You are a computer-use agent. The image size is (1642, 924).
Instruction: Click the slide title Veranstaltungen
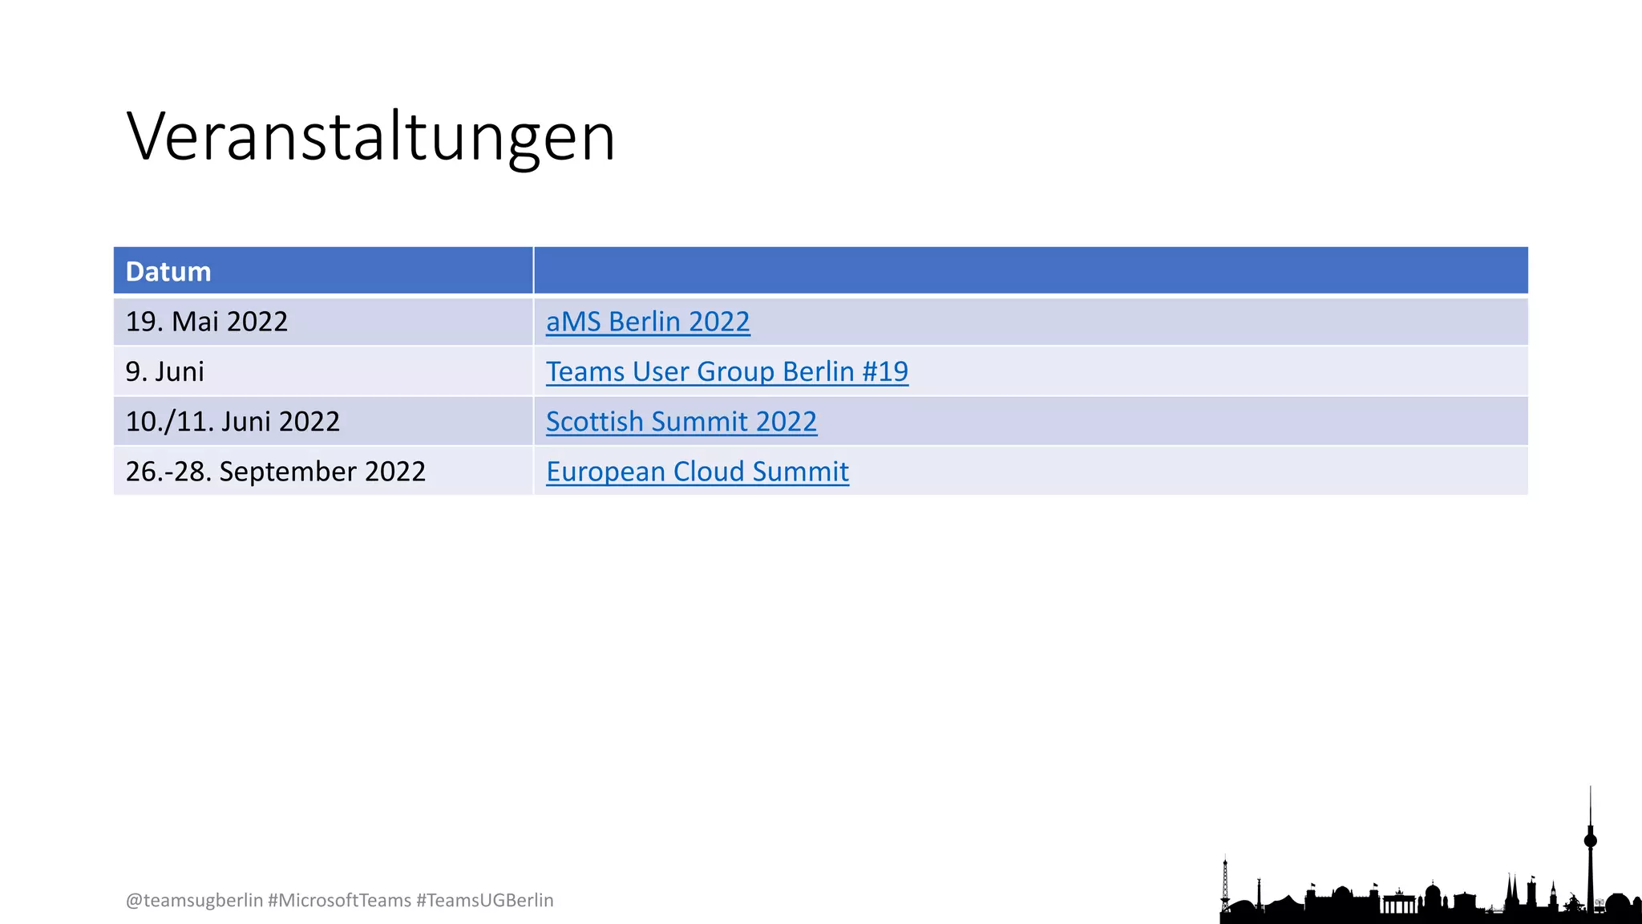point(370,137)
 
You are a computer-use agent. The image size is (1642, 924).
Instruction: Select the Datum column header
point(168,272)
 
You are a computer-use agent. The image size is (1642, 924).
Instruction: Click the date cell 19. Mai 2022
point(207,322)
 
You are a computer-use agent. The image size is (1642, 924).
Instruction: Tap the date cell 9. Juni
point(165,371)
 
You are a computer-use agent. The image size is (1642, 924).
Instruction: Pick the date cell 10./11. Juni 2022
point(233,421)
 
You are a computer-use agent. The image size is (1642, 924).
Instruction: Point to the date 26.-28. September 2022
point(275,472)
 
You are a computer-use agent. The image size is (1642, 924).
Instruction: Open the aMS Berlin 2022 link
point(648,322)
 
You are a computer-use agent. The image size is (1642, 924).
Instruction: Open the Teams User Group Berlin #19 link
point(726,371)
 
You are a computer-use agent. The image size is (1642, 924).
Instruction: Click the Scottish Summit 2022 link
point(681,421)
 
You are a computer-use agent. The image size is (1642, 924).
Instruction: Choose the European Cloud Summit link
point(698,472)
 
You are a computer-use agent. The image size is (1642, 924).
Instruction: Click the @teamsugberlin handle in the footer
point(194,901)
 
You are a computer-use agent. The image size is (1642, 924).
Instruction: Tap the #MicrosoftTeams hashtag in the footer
point(339,901)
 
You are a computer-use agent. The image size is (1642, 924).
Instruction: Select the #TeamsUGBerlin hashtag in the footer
point(485,901)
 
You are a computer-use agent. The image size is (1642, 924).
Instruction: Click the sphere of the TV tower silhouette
point(1591,841)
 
